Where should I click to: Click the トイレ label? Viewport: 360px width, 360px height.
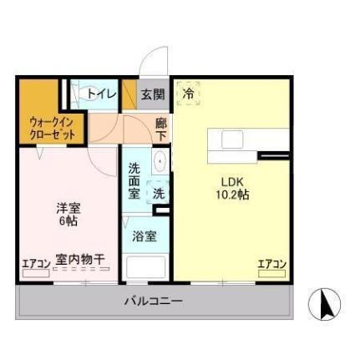click(102, 94)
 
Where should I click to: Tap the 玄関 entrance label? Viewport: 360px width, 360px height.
click(152, 94)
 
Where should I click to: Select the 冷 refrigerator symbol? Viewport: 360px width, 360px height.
click(189, 94)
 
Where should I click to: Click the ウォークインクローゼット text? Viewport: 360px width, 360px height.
click(41, 126)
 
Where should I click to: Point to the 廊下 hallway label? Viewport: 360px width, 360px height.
click(161, 129)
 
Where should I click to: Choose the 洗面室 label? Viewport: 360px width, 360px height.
click(134, 179)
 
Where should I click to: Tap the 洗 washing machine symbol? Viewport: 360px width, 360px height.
click(159, 193)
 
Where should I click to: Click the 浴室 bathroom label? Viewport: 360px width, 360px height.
click(145, 236)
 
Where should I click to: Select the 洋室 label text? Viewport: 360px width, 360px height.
click(67, 208)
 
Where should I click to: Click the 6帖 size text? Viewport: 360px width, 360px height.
click(67, 222)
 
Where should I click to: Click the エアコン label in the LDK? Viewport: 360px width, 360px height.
click(271, 265)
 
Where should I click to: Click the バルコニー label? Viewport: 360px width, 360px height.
click(154, 300)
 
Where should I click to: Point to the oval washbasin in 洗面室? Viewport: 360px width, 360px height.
click(159, 162)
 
